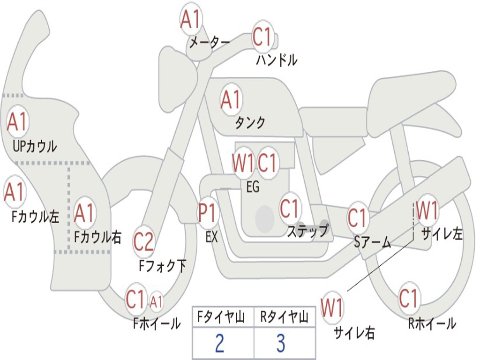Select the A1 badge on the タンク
[231, 99]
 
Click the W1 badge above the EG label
[243, 163]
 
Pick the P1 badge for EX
[208, 213]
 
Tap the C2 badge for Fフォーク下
[143, 242]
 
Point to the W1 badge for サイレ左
[427, 210]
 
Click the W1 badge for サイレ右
[332, 308]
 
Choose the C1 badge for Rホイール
[408, 298]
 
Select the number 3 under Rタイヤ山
[281, 343]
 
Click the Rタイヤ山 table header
[284, 318]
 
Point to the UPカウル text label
[35, 146]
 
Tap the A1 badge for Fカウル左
[15, 192]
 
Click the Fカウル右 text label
[98, 237]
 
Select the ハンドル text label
[277, 60]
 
